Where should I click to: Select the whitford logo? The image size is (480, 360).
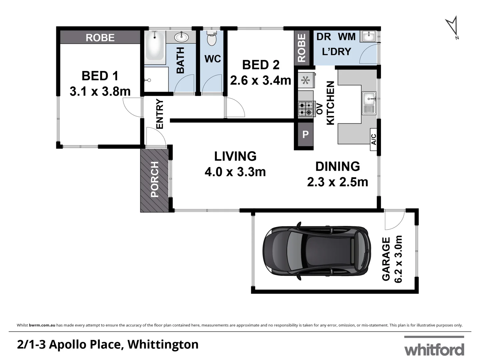[434, 347]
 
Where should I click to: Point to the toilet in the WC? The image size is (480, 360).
[211, 39]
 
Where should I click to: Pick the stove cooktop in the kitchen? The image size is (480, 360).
[306, 109]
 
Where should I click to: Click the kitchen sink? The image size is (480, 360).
[369, 103]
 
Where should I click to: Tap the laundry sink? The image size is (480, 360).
[368, 36]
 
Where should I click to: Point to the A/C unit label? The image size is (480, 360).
[374, 139]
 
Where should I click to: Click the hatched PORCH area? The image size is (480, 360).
[155, 180]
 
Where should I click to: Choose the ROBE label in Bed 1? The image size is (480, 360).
[100, 38]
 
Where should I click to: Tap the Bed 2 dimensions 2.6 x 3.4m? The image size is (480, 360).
[261, 81]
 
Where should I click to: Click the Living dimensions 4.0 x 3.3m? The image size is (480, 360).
[235, 172]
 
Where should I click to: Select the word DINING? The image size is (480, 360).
[338, 166]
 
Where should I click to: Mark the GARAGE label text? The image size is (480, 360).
[386, 259]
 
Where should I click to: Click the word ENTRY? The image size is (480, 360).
[160, 114]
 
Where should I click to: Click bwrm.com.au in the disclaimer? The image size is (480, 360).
[42, 325]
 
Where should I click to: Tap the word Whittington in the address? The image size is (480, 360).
[163, 344]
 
